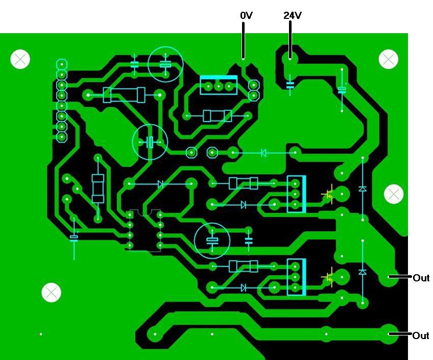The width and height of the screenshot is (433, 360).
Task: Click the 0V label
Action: [x=247, y=16]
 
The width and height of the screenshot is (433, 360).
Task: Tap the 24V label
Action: [x=292, y=16]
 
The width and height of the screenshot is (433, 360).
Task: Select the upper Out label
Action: [x=421, y=278]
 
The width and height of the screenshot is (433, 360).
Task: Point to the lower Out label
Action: [x=421, y=335]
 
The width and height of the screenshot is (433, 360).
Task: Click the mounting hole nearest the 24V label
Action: [x=388, y=59]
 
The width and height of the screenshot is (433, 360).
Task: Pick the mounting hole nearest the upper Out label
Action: [x=393, y=194]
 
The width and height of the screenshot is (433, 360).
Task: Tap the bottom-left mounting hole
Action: [x=51, y=292]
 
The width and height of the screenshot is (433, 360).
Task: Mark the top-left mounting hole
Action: [x=20, y=59]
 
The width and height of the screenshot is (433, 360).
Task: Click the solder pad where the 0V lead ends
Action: [x=244, y=60]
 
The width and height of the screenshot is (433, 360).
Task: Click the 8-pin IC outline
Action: [x=145, y=230]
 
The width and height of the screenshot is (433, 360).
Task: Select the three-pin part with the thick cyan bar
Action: [x=219, y=84]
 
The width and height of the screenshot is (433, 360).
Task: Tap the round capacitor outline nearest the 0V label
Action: [x=165, y=64]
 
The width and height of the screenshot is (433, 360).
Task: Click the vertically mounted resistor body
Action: [x=98, y=187]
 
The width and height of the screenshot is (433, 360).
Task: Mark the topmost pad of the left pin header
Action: [x=62, y=64]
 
